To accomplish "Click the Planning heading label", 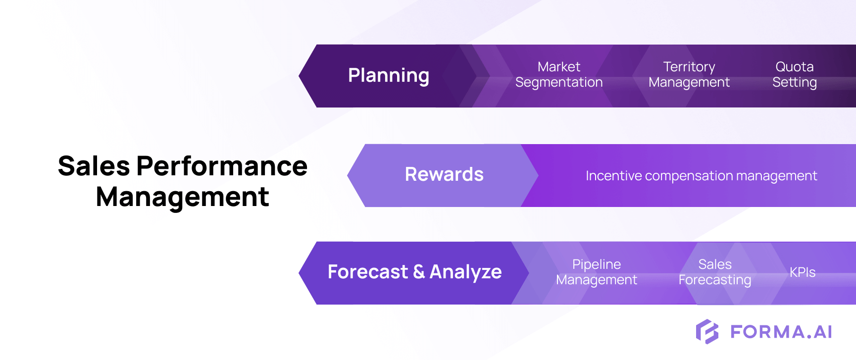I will tap(389, 76).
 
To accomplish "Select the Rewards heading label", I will tap(444, 174).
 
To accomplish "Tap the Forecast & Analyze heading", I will tap(414, 272).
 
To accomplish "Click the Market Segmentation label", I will tap(559, 74).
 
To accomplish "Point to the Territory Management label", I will tap(689, 74).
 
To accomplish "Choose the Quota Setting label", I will tap(794, 74).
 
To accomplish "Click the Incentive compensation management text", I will tap(701, 176).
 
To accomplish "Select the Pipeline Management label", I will tap(596, 272).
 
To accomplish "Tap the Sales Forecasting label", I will tap(714, 272).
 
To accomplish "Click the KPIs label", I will tap(802, 272).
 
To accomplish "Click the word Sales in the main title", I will tap(94, 166).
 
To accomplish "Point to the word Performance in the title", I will tap(222, 166).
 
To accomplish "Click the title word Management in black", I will tap(182, 197).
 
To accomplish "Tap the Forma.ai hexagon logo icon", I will tap(707, 331).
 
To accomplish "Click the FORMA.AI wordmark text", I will tap(781, 332).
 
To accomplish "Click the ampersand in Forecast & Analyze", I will tap(419, 272).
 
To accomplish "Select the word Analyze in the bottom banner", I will tap(465, 272).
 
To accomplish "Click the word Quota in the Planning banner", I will tap(794, 67).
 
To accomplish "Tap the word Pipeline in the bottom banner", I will tap(596, 264).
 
